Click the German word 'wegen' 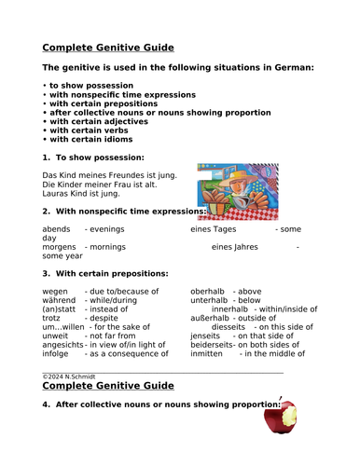click(56, 291)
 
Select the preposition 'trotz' click(54, 318)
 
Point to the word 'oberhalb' click(209, 291)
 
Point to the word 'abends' click(57, 228)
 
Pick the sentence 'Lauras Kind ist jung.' click(81, 194)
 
